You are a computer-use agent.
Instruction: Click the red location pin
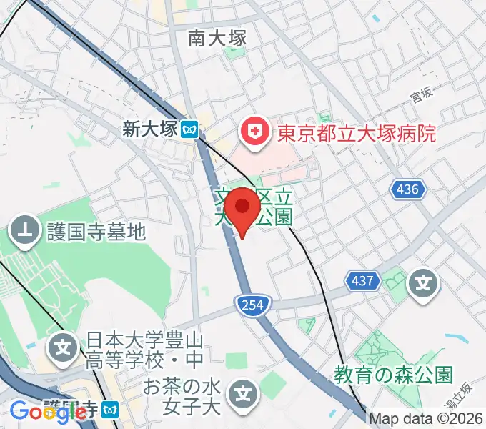[x=244, y=209]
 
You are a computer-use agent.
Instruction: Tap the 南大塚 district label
[x=217, y=38]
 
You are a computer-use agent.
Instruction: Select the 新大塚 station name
[x=149, y=129]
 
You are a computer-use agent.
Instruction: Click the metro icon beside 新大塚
[x=189, y=129]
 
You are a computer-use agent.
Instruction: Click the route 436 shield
[x=408, y=189]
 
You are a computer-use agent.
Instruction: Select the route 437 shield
[x=363, y=281]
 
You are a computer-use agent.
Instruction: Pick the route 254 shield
[x=247, y=305]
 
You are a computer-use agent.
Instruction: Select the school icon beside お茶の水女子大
[x=244, y=393]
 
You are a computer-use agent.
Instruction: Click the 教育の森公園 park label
[x=394, y=374]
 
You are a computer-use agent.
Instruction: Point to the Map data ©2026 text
[x=426, y=419]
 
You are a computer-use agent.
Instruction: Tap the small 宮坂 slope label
[x=422, y=94]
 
